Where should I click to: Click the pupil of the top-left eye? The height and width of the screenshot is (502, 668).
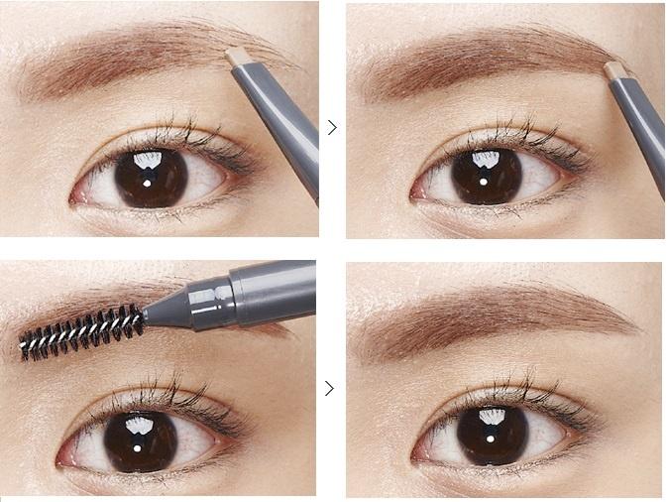click(x=151, y=177)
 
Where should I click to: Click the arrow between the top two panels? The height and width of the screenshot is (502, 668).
click(x=332, y=127)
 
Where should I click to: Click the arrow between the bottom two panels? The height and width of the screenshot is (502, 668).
click(x=331, y=389)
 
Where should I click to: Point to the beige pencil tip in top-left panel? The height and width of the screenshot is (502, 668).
click(x=237, y=58)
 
